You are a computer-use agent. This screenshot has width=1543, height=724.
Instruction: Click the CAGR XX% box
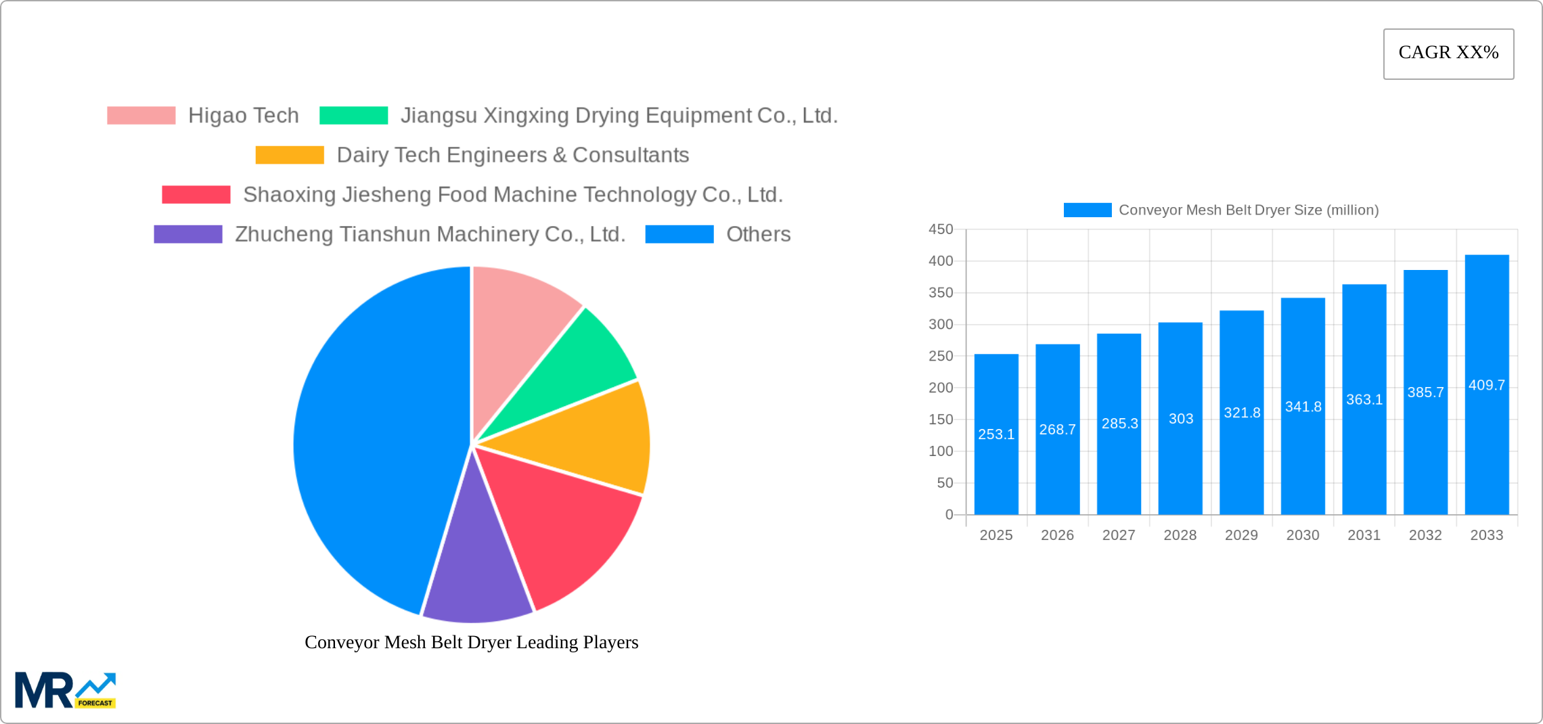pos(1448,53)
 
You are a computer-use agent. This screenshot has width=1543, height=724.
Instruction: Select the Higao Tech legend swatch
pos(141,116)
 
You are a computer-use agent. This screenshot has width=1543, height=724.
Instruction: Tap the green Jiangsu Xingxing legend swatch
pos(353,116)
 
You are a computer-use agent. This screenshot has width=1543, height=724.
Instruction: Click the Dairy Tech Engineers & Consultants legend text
pos(512,155)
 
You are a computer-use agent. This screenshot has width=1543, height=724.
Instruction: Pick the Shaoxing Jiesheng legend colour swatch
pos(196,195)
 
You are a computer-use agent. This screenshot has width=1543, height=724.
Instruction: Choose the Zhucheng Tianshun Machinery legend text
pos(430,234)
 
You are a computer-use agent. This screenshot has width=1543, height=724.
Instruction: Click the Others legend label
pos(758,234)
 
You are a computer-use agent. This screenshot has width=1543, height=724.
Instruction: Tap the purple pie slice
pos(477,575)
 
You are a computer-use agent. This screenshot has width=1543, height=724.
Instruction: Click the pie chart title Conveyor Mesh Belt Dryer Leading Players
pos(471,642)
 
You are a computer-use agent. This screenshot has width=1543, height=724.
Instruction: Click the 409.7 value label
pos(1487,385)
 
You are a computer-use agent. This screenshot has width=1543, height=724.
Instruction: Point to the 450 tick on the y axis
pos(941,229)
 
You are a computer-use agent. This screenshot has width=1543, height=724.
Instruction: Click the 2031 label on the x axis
pos(1364,535)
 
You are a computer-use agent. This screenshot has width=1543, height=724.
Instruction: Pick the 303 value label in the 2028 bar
pos(1180,419)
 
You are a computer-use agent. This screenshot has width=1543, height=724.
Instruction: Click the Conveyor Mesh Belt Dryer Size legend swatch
pos(1087,210)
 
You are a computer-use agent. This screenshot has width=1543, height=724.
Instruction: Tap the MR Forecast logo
pos(66,690)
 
